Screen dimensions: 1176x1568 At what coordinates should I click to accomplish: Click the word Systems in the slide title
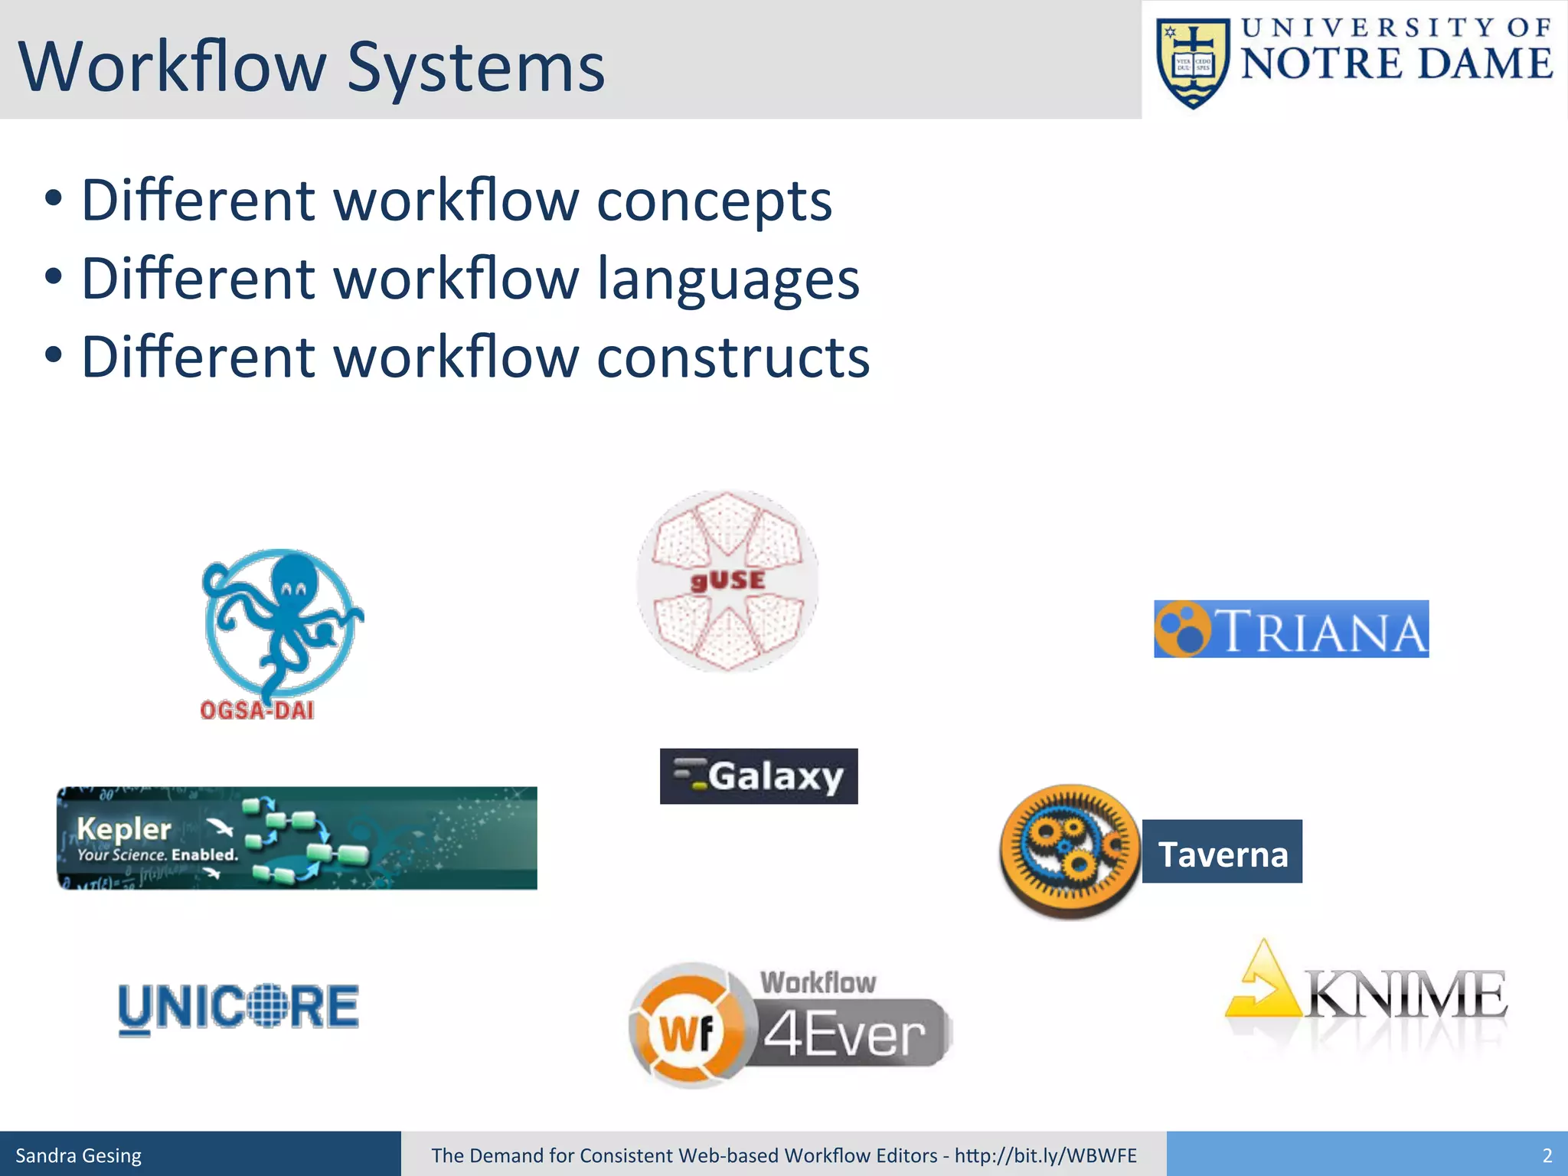475,67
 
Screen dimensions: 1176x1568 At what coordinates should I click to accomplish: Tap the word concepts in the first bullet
714,201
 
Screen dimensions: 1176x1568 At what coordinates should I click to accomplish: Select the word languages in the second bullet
727,279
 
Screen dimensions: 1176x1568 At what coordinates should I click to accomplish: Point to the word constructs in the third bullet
733,358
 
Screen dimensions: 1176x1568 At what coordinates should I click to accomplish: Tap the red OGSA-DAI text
257,710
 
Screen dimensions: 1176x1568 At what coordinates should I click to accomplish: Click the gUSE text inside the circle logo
727,580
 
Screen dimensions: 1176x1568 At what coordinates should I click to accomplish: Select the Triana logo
1291,629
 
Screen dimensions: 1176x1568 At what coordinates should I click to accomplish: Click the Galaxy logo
759,776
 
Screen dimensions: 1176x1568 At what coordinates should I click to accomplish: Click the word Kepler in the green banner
124,828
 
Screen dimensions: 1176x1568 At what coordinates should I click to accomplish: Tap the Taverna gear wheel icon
1070,850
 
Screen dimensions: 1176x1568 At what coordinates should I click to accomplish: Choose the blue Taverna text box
1222,852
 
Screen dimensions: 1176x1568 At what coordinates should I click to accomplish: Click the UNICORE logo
238,1008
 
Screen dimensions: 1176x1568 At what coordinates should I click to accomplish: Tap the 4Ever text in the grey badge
845,1035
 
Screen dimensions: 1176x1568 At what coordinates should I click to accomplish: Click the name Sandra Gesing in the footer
79,1155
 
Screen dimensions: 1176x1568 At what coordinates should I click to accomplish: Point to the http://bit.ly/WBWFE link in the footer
1045,1155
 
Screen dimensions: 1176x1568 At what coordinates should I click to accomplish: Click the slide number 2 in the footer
1547,1155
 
